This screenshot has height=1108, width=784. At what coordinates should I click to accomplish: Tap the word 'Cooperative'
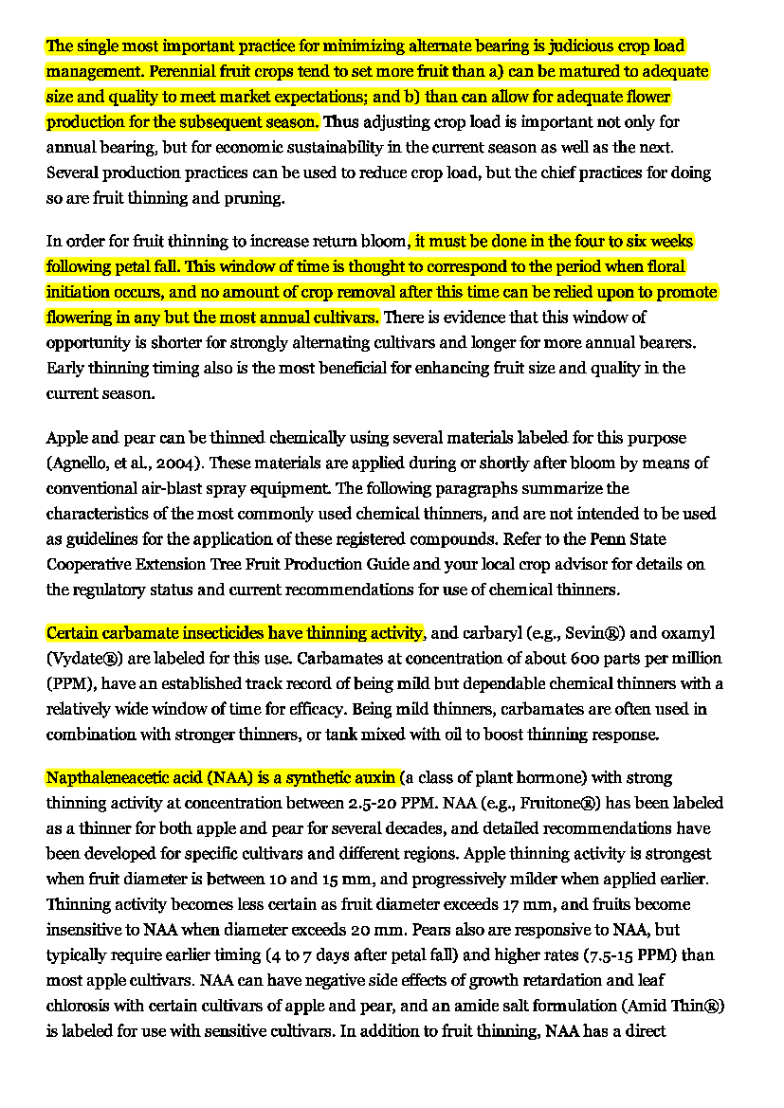point(90,565)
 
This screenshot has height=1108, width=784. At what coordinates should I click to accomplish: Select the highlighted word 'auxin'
point(374,778)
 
